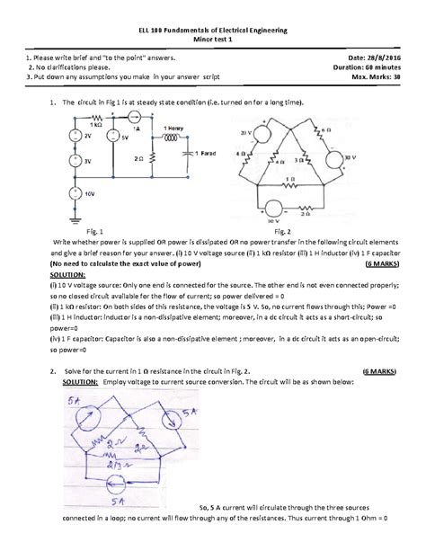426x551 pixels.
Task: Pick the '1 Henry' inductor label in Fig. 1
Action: [174, 129]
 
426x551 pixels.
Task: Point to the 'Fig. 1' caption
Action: [93, 231]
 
